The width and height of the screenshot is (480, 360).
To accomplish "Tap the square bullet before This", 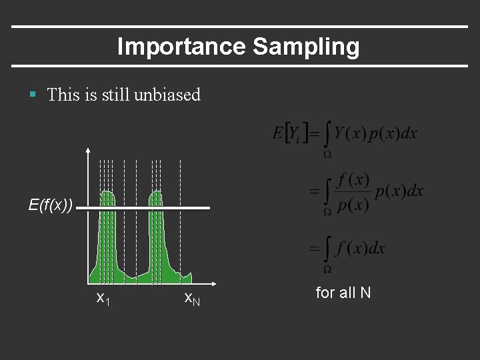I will [x=33, y=95].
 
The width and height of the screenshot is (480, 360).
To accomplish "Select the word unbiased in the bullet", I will [x=167, y=95].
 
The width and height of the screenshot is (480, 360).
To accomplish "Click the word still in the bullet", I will [x=115, y=95].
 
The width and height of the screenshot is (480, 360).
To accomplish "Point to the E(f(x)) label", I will [x=51, y=205].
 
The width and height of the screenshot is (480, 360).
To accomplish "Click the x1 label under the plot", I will [x=103, y=298].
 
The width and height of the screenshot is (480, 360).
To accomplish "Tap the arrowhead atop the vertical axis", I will [x=89, y=150].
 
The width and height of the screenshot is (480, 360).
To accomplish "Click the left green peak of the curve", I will [x=107, y=200].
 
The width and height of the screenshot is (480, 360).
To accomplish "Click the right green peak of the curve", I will [x=156, y=200].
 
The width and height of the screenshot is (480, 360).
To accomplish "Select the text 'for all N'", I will [x=343, y=293].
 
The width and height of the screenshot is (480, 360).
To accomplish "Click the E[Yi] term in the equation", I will [x=289, y=133].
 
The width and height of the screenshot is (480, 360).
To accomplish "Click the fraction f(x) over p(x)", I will [x=353, y=192].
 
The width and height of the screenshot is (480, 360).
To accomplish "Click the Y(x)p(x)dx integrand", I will [x=376, y=133].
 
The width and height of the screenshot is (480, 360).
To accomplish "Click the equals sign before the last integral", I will [x=313, y=248].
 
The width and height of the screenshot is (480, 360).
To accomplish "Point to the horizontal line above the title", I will [x=240, y=27].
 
